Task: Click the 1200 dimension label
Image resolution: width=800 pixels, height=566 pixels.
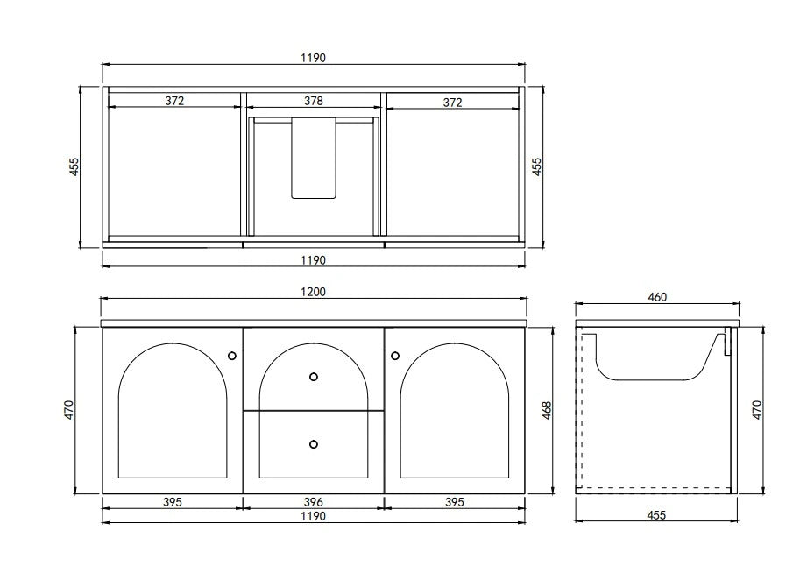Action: click(314, 292)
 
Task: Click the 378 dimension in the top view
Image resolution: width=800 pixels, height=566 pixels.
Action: click(314, 101)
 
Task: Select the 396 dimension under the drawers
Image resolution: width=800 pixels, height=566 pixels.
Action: click(314, 502)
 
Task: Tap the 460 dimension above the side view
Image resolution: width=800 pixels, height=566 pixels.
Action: click(657, 297)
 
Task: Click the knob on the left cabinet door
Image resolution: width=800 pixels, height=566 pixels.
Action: click(232, 355)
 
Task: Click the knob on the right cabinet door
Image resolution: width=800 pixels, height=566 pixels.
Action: click(395, 355)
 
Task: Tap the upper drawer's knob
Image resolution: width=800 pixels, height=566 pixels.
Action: click(314, 377)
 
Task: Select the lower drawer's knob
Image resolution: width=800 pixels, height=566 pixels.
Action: click(314, 444)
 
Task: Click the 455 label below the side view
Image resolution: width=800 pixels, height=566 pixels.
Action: click(655, 515)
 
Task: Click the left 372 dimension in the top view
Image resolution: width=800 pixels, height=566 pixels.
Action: click(174, 101)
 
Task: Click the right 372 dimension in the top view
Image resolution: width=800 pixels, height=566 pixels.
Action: click(452, 102)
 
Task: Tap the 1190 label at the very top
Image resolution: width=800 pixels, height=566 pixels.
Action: click(314, 58)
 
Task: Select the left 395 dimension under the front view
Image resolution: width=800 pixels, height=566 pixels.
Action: click(172, 502)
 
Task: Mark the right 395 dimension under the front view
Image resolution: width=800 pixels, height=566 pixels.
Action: click(452, 502)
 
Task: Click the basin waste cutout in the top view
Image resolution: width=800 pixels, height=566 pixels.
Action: click(314, 158)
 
